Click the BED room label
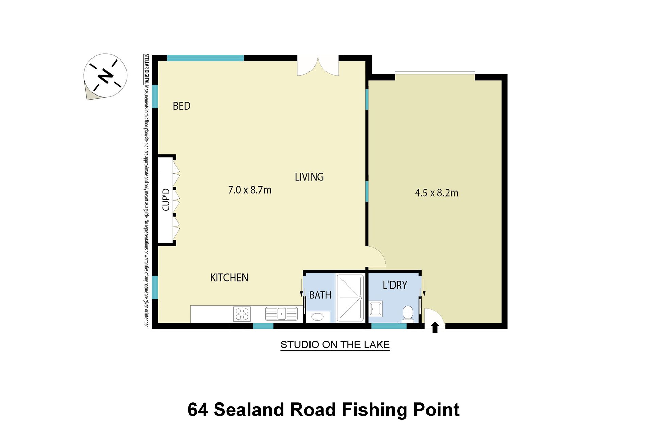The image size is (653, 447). tap(182, 106)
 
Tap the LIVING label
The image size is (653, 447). tap(309, 177)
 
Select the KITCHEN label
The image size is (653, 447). tap(229, 278)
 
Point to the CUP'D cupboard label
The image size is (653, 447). tap(166, 200)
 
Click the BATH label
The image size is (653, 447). tap(320, 295)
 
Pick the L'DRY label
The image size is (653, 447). tap(395, 285)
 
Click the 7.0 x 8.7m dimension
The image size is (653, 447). tap(250, 190)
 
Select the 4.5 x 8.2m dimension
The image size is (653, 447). tap(437, 193)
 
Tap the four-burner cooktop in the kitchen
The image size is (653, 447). tap(242, 314)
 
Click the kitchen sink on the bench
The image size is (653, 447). tap(281, 313)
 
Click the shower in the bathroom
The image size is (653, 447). tap(350, 298)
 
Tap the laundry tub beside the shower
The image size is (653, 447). tap(376, 309)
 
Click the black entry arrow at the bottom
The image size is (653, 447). tap(435, 327)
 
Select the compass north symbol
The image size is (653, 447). tap(105, 75)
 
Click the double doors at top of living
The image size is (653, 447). tap(318, 66)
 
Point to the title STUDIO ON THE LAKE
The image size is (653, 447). tap(335, 345)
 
